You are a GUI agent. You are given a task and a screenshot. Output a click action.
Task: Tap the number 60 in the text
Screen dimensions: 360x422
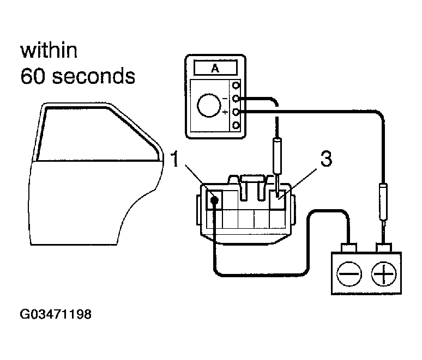32,76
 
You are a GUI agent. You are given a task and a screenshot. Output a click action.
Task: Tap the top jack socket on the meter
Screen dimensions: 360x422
236,86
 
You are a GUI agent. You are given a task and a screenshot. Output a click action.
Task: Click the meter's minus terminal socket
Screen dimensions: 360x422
236,99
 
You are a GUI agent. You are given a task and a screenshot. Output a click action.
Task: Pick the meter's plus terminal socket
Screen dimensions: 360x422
236,112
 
